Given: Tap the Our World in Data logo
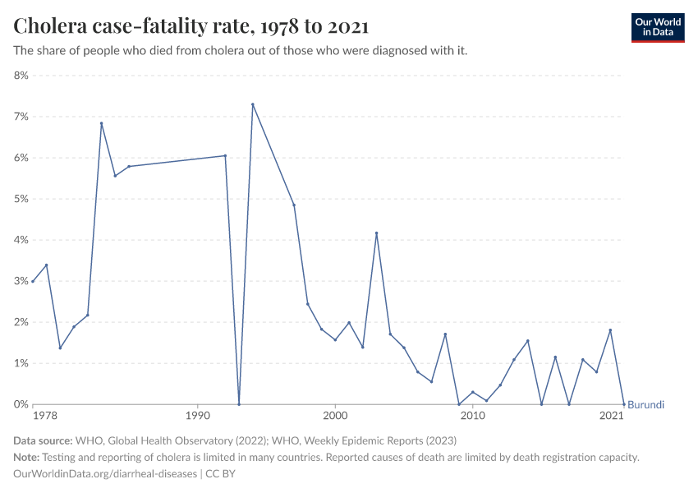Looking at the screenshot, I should click(x=657, y=27).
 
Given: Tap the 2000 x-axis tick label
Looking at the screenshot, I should click(x=335, y=417).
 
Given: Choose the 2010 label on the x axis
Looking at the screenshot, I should click(x=472, y=417).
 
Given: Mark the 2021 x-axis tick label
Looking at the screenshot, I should click(x=611, y=417).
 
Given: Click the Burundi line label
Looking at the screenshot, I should click(x=645, y=405).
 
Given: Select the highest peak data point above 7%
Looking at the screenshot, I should click(x=252, y=104).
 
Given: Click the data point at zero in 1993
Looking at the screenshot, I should click(x=239, y=404).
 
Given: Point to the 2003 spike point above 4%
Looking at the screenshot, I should click(x=376, y=233).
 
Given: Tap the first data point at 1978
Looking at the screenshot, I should click(x=33, y=282).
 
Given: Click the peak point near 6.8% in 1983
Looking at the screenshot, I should click(x=101, y=123).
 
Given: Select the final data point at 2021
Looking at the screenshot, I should click(x=624, y=404).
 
